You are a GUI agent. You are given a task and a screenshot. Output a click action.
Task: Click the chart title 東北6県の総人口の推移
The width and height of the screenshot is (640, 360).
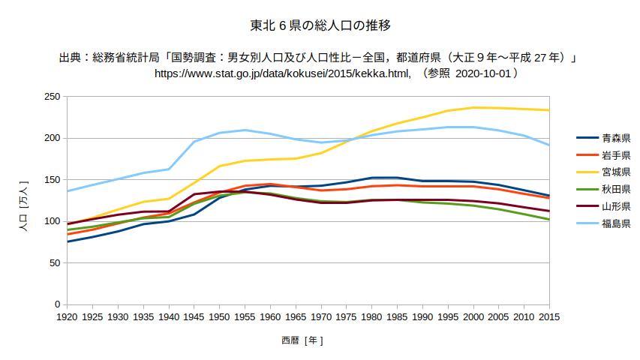(x=320, y=26)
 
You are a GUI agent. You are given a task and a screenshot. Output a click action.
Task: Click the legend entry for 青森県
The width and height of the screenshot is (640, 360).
(x=615, y=138)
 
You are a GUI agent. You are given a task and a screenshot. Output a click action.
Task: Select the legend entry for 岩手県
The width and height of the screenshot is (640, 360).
(x=615, y=155)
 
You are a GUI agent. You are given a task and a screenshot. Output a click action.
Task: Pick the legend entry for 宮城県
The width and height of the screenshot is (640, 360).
(x=615, y=172)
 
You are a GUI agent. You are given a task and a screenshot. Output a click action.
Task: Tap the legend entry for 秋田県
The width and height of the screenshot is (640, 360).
(x=615, y=190)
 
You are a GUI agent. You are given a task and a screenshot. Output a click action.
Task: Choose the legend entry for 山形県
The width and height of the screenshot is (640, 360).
(x=615, y=206)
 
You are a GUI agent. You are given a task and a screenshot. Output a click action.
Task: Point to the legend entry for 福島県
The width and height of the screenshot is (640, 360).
(x=615, y=223)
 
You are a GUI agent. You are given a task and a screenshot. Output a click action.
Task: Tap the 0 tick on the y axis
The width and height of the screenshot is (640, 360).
(x=56, y=304)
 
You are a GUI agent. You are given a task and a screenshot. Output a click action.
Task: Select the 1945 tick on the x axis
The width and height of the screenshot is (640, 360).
(x=194, y=317)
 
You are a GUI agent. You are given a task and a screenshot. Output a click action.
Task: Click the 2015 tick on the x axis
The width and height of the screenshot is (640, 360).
(x=549, y=317)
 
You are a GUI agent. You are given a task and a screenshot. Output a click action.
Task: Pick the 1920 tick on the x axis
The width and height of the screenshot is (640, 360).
(x=68, y=317)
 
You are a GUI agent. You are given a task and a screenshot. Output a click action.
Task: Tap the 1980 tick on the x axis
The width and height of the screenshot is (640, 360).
(x=372, y=317)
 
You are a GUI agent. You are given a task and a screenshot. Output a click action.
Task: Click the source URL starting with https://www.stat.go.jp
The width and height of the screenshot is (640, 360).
(x=282, y=73)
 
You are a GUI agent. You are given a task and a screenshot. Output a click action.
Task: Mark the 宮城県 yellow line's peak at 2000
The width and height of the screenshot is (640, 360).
(x=473, y=107)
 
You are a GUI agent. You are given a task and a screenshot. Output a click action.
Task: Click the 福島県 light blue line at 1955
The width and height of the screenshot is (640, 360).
(x=245, y=130)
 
